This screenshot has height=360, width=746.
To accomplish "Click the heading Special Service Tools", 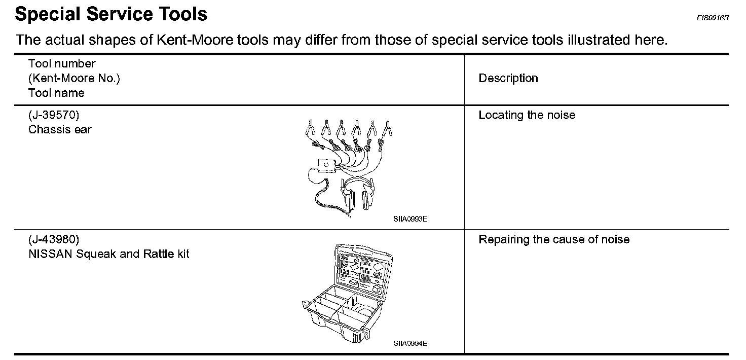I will point(111,14).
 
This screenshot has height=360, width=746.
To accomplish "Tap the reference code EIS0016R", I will point(712,18).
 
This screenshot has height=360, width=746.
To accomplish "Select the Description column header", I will point(508,79).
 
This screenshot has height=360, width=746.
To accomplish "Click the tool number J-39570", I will point(54,115).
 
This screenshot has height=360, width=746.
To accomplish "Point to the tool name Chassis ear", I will point(60,130).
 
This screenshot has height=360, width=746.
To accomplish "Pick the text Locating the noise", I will point(527,116).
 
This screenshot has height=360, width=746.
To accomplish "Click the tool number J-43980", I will point(54,239).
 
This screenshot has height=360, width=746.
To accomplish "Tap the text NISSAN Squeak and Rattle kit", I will point(109,254).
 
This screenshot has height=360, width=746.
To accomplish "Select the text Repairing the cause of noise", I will point(554,239).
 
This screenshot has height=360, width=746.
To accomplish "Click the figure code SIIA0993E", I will point(410,220).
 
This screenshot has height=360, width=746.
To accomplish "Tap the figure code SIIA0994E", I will point(410,343).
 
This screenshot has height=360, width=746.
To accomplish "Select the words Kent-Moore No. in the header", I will point(74,79).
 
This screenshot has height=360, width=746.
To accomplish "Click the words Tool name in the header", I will point(56,93).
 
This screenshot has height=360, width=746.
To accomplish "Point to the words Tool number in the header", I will point(62,64).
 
